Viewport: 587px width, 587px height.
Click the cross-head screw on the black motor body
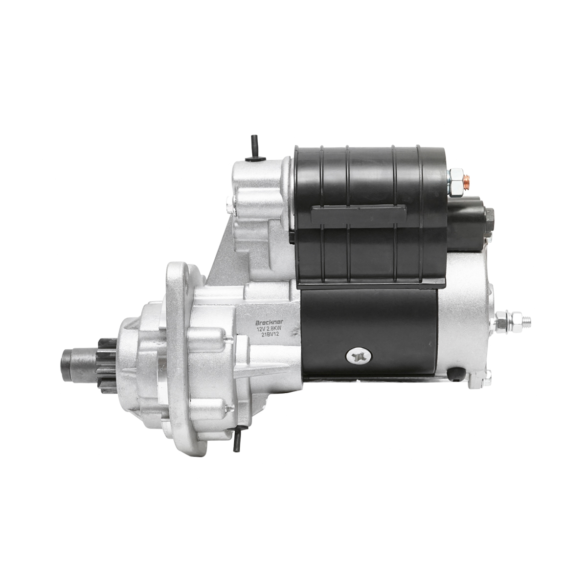[x=356, y=356]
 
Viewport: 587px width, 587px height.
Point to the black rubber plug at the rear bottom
[x=456, y=374]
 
